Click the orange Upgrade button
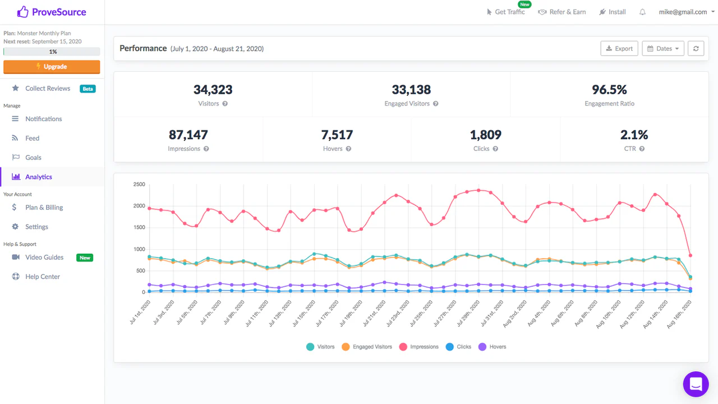point(52,67)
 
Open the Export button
point(619,48)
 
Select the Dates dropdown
point(663,48)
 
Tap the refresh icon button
point(696,48)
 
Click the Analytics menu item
point(39,177)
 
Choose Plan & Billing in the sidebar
point(44,208)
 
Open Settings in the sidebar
point(36,227)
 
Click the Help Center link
point(42,277)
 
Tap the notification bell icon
point(642,12)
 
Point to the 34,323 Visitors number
point(213,90)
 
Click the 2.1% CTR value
point(634,135)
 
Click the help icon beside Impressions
point(206,149)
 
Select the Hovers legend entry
point(493,347)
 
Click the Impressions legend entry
point(419,347)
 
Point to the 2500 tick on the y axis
point(139,185)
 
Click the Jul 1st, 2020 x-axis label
point(140,313)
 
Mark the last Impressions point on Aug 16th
point(691,255)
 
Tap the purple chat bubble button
point(696,384)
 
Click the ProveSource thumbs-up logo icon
point(23,12)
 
